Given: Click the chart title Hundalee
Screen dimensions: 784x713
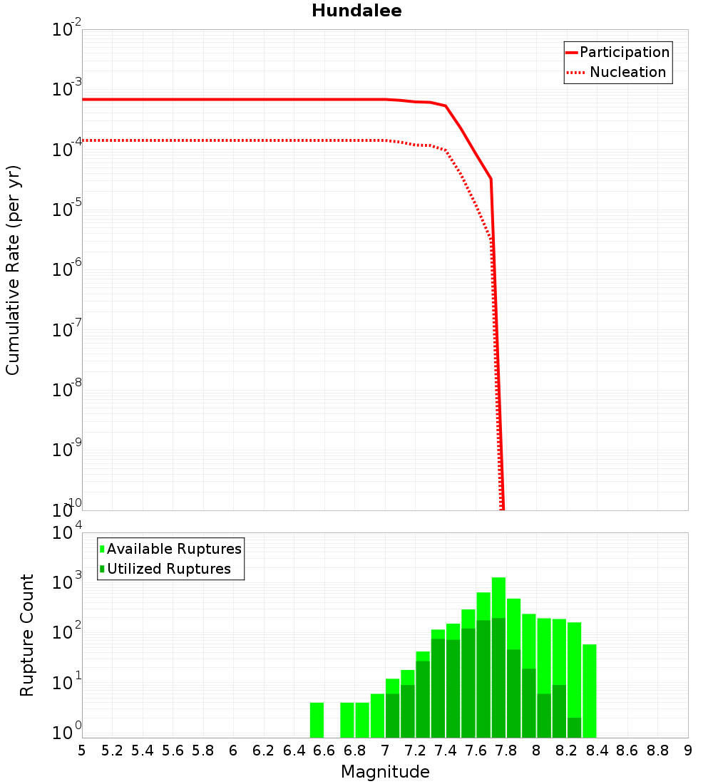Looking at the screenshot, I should [356, 11].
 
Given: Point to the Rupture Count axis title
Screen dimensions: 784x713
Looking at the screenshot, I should [27, 635].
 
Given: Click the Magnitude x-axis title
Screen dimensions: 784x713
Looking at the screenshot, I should [385, 771].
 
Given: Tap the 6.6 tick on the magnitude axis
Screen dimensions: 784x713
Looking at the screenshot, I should [324, 751].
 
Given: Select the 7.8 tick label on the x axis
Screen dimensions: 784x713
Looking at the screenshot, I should [506, 751].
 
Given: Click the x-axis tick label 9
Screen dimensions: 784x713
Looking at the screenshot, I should [688, 751].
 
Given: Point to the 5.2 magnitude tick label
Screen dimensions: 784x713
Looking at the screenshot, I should [113, 751].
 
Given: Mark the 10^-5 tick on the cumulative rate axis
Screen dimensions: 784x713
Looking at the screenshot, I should [65, 210].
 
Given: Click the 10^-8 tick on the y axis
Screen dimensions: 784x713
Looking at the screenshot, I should [65, 389].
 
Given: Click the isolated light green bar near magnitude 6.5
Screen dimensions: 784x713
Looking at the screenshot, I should [317, 720].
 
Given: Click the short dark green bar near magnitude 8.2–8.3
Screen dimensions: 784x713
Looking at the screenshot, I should [574, 728].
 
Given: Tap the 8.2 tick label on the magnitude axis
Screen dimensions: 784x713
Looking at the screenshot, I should [567, 751].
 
